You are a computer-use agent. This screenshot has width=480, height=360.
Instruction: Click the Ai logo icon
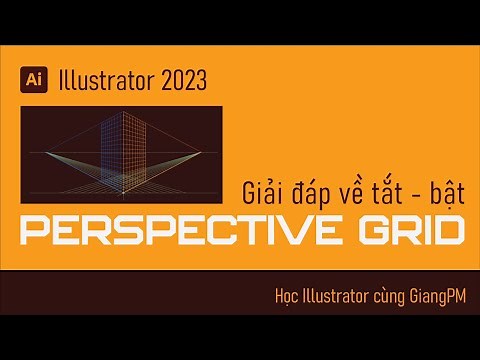coord(34,75)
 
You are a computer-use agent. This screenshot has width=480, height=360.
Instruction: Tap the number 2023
coord(195,76)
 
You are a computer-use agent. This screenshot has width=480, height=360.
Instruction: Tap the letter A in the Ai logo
coord(31,75)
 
